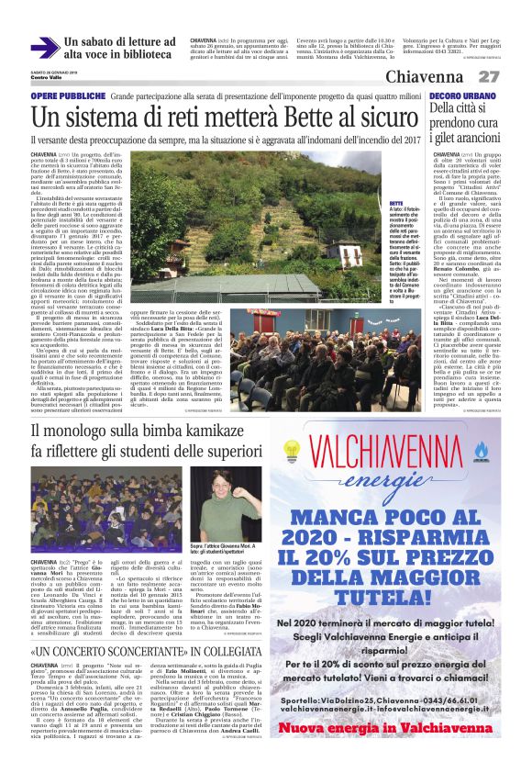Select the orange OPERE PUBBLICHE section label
[x=65, y=95]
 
